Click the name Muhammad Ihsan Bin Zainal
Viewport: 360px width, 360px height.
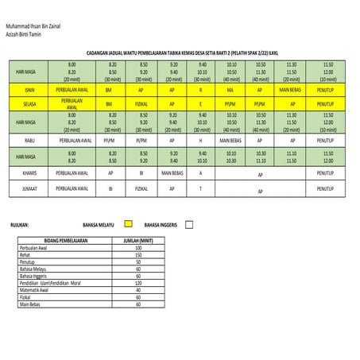(x=38, y=27)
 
